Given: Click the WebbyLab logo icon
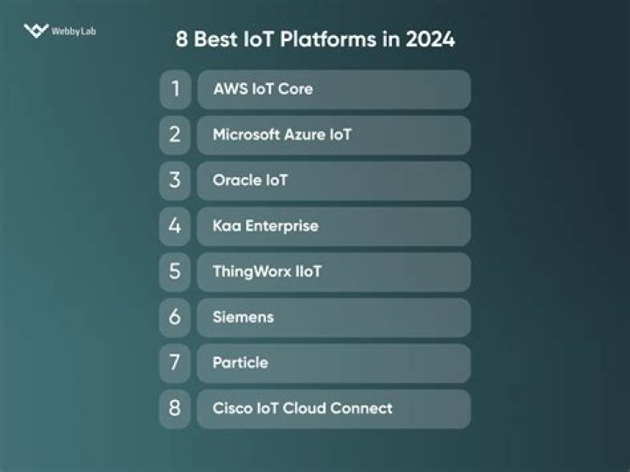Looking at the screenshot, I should pos(36,32).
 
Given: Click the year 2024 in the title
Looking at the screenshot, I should pos(429,39).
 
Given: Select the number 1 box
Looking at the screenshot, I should pos(175,89).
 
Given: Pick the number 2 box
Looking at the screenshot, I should pos(175,135).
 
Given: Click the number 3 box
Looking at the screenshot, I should pos(175,180).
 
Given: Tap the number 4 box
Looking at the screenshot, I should pos(175,226).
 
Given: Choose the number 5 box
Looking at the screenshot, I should pos(175,271).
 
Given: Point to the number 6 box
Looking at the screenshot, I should pos(175,317).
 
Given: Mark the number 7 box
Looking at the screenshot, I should pos(175,363).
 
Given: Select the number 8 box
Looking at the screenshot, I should pos(175,408).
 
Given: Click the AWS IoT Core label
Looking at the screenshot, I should pos(262,89).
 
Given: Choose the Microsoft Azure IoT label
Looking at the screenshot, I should pos(282,135).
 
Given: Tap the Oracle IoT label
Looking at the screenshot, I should pos(250,180).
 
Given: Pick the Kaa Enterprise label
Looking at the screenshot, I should pos(265,226).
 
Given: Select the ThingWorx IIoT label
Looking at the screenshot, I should pos(267,271).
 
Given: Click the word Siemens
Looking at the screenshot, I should pos(243,317).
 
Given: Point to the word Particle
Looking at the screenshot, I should pos(241,363).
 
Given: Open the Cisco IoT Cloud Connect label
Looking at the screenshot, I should pos(303,408).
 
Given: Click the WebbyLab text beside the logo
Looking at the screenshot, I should pos(73,32).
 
